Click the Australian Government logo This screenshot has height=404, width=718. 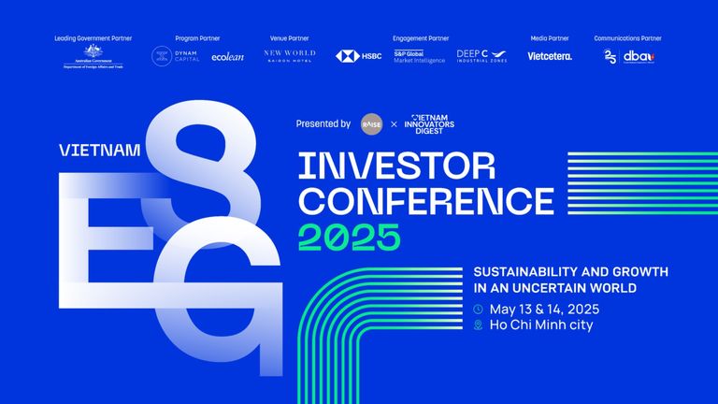point(93,56)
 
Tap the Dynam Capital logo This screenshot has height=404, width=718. point(172,56)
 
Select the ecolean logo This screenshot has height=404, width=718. point(228,56)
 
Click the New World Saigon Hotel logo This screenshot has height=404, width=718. point(290,55)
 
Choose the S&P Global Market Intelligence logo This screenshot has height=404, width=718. point(420,56)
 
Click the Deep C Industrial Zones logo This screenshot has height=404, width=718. point(482,56)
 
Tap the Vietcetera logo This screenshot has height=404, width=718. point(550,56)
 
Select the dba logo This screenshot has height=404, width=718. point(639,56)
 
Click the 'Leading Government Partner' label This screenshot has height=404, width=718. point(93,38)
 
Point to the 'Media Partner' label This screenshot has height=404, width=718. point(550,38)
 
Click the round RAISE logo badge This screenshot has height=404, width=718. point(371,123)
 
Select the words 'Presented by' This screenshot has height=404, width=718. point(323,123)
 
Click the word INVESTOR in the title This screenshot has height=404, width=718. point(396,166)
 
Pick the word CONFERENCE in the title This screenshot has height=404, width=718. point(425,200)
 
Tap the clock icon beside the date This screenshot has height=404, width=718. point(479,309)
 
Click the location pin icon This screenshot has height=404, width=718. point(479,325)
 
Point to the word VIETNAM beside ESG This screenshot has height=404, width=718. point(99,150)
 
